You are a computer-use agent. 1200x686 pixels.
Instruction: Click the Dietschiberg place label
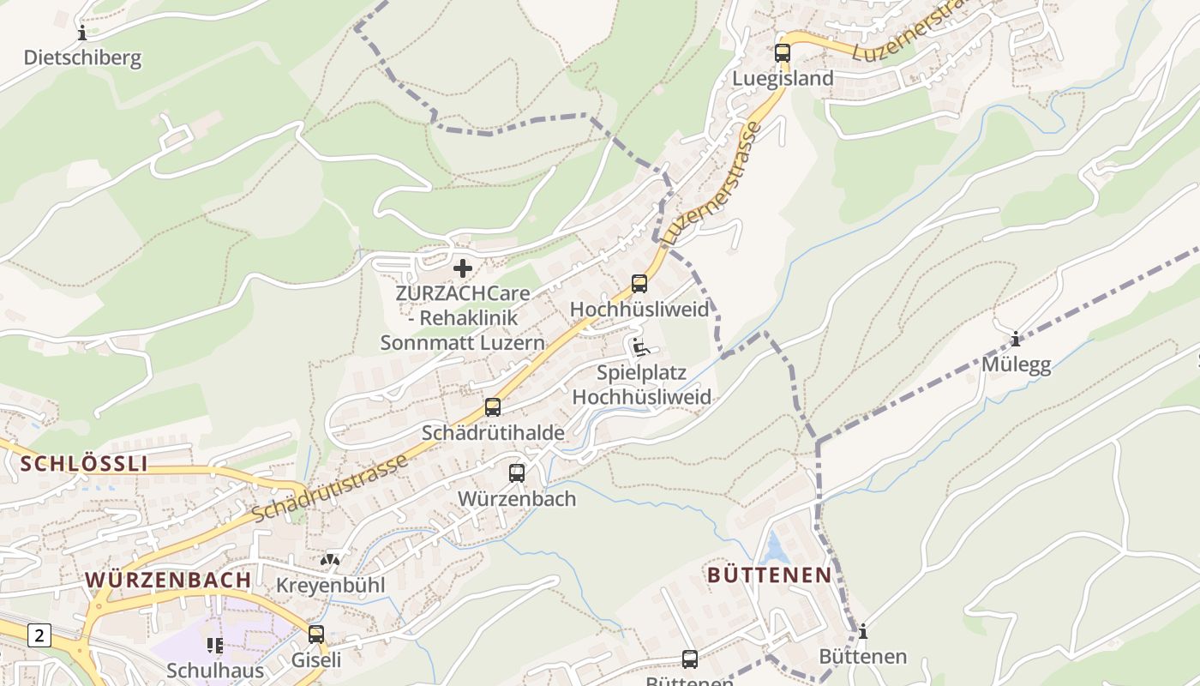[x=82, y=58]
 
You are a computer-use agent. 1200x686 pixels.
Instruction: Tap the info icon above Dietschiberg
[x=82, y=33]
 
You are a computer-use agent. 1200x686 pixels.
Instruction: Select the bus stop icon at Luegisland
[x=782, y=52]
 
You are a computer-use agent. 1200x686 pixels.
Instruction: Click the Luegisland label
[x=782, y=78]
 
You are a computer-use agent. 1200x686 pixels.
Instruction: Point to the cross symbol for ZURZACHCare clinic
[x=463, y=268]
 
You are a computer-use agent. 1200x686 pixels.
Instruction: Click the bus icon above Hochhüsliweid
[x=639, y=284]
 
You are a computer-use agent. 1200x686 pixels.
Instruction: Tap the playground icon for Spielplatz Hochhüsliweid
[x=640, y=348]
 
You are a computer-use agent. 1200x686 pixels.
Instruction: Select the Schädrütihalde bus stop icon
[x=493, y=407]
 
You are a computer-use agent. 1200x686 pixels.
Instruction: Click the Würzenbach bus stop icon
[x=517, y=472]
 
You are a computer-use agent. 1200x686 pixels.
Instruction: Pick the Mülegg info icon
[x=1016, y=340]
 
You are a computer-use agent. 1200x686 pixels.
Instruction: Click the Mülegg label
[x=1016, y=364]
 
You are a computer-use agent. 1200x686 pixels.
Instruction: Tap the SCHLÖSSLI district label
[x=84, y=464]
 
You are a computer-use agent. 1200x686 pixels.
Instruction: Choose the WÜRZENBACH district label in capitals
[x=168, y=580]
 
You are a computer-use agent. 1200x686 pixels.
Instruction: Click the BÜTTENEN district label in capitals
[x=770, y=575]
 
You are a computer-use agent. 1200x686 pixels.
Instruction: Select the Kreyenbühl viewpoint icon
[x=330, y=560]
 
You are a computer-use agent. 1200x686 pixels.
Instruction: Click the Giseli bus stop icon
[x=316, y=635]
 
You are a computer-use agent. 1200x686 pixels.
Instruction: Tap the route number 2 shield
[x=39, y=635]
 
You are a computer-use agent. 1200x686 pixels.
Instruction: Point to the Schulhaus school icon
[x=213, y=645]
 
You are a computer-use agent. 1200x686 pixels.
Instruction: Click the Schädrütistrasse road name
[x=330, y=489]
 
